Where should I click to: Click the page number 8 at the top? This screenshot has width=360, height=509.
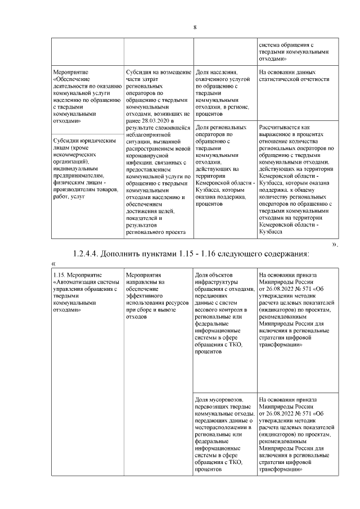point(195,28)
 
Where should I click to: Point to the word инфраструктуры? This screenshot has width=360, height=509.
point(217,282)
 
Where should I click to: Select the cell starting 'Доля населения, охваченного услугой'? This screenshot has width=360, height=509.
point(224,90)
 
